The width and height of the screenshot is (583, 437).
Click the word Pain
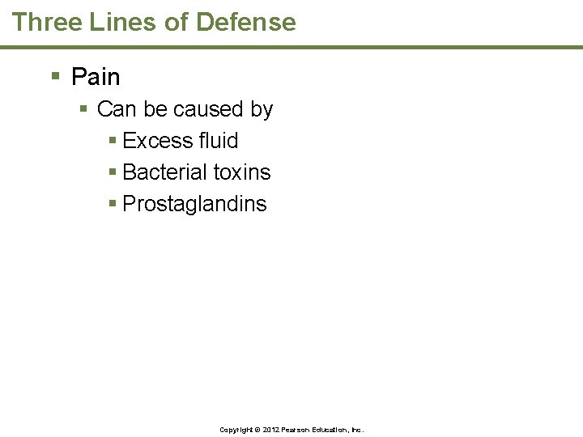pyautogui.click(x=96, y=77)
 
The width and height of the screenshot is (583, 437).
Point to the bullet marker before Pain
pyautogui.click(x=56, y=77)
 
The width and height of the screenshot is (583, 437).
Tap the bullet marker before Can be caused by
pyautogui.click(x=83, y=109)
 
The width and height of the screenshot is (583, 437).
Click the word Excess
pyautogui.click(x=158, y=141)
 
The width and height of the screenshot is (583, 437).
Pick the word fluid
pyautogui.click(x=219, y=141)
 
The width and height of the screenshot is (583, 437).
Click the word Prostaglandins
pyautogui.click(x=194, y=204)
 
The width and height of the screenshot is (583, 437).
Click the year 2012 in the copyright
pyautogui.click(x=268, y=430)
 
